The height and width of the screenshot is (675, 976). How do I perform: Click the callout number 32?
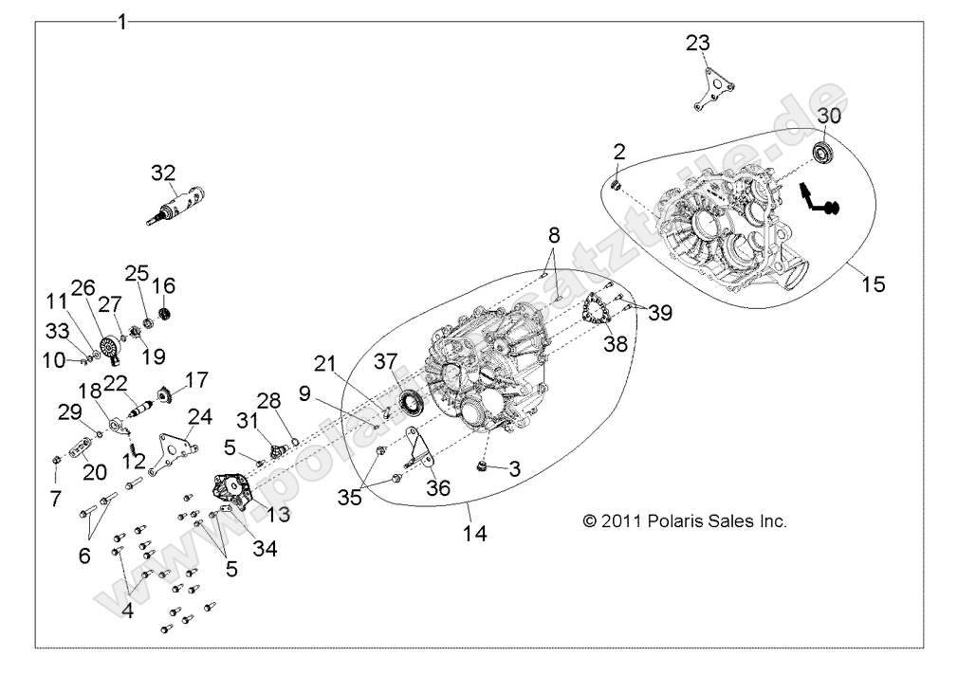point(163,173)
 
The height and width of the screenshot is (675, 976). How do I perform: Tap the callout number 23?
point(697,44)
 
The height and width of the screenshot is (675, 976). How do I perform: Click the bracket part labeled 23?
point(712,89)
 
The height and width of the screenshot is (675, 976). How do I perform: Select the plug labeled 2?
point(616,183)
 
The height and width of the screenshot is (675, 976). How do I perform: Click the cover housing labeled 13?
point(232,491)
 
